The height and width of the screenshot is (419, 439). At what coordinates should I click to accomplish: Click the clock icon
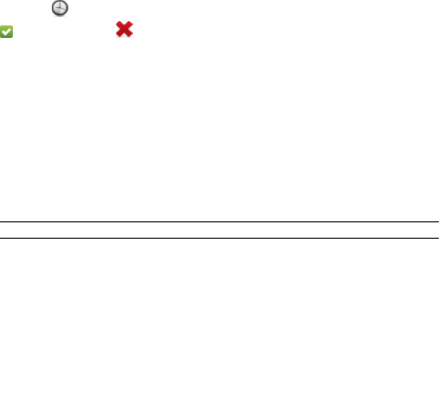point(60,8)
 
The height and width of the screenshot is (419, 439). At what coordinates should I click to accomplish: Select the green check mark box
point(7,31)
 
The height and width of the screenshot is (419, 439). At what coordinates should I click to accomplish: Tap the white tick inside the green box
point(7,32)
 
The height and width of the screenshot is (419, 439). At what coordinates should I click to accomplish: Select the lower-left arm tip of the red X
point(118,35)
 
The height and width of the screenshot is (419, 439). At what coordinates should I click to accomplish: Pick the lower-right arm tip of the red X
point(130,35)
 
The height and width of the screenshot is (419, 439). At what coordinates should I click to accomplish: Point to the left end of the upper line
point(1,222)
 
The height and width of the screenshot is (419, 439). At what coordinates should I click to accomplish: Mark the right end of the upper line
point(437,222)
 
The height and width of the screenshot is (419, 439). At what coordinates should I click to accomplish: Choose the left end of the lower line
point(1,238)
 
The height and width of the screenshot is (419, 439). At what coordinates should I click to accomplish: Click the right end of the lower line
point(437,238)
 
